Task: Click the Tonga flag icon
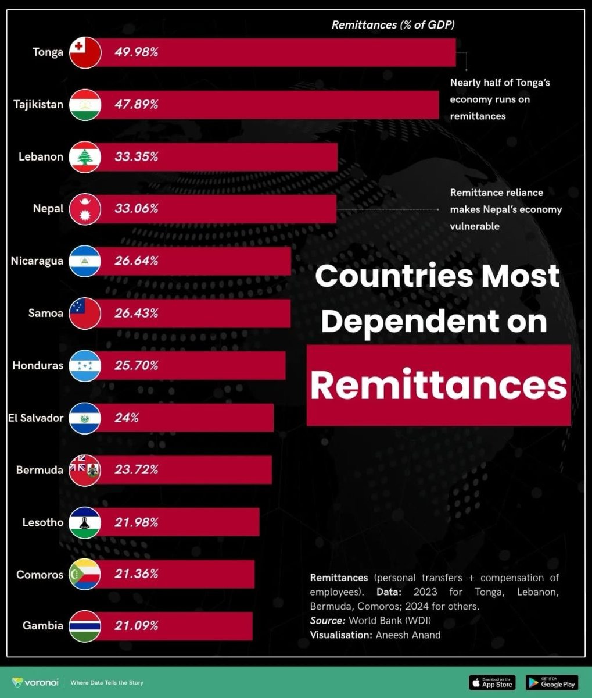click(x=85, y=52)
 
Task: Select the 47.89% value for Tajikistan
click(x=136, y=105)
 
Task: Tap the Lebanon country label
click(x=41, y=156)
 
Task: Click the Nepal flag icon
click(x=85, y=209)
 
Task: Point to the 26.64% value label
click(x=136, y=261)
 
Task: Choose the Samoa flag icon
click(x=85, y=314)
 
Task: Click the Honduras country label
click(x=38, y=365)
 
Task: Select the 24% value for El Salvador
click(x=127, y=418)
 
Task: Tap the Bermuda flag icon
click(x=85, y=470)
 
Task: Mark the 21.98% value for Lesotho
click(x=136, y=522)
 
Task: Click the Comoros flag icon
click(x=85, y=574)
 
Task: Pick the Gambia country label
click(x=43, y=626)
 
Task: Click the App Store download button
click(x=492, y=682)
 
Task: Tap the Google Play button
click(x=551, y=682)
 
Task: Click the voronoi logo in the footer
click(x=35, y=682)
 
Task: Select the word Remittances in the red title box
click(x=439, y=385)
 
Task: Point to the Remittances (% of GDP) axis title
click(x=393, y=24)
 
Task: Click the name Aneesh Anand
click(x=408, y=635)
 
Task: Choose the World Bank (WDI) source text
click(x=389, y=620)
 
